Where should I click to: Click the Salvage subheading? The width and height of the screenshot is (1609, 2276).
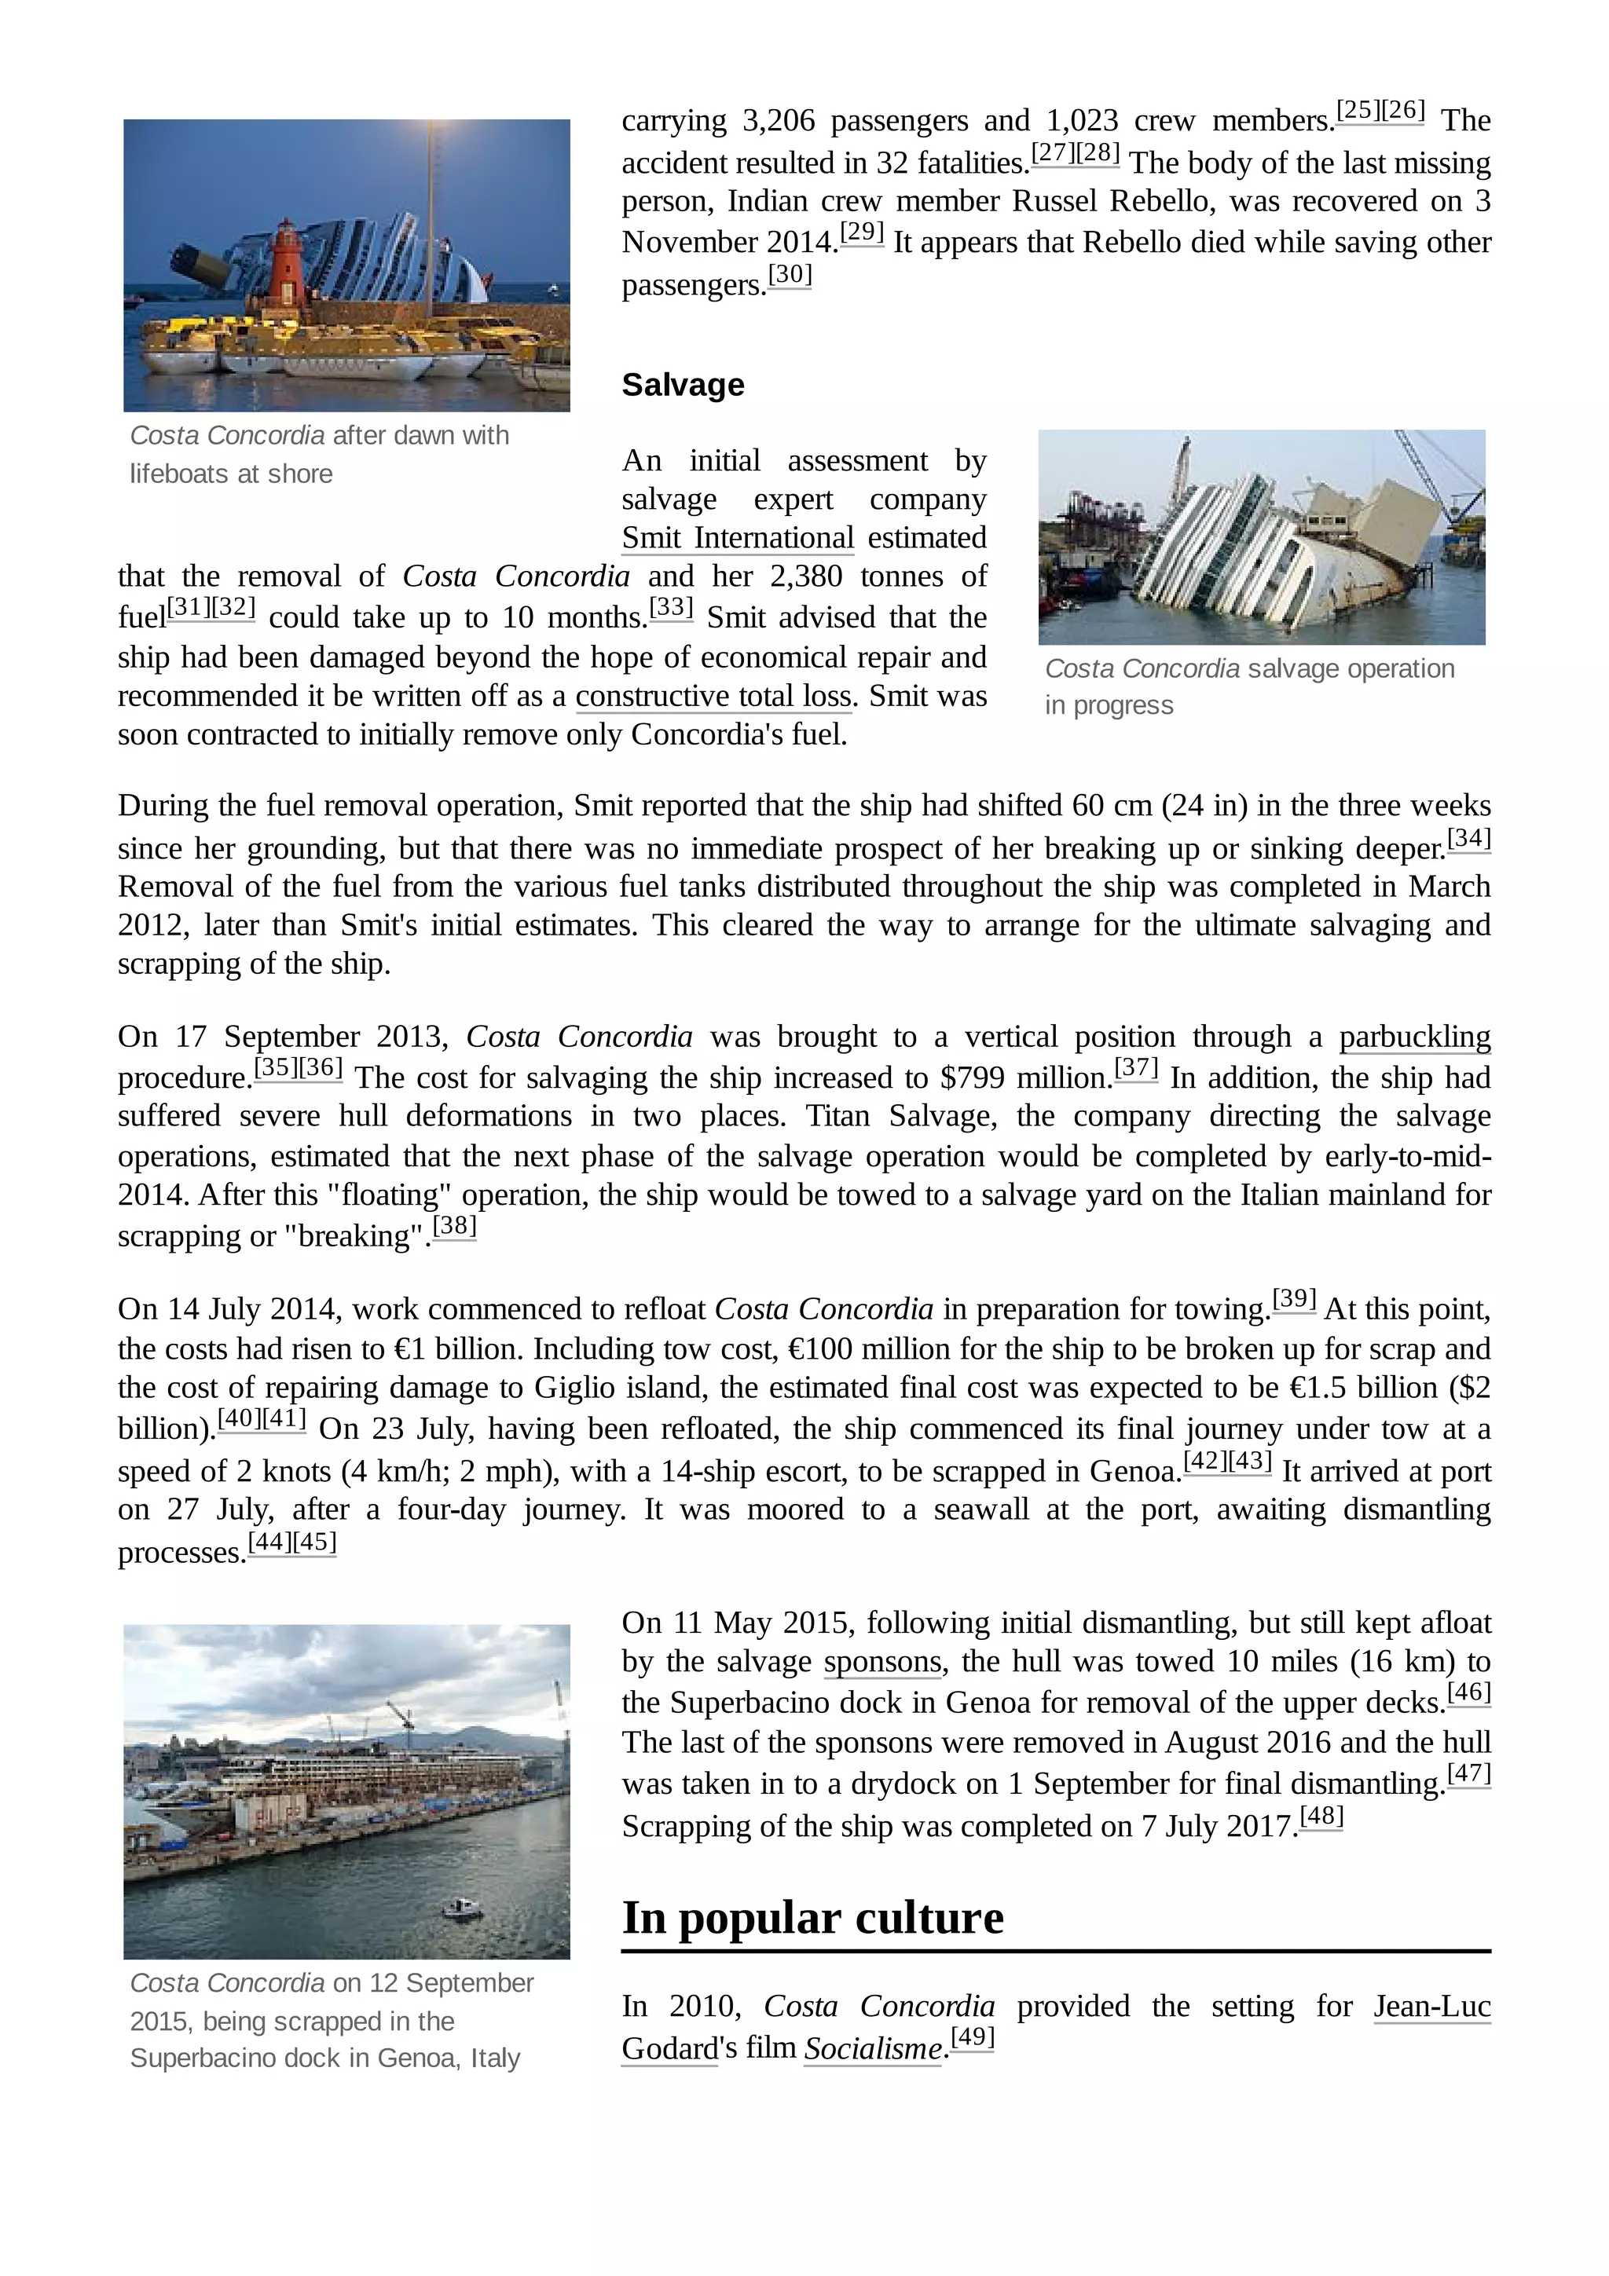tap(682, 385)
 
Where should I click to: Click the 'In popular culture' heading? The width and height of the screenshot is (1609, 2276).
tap(812, 1917)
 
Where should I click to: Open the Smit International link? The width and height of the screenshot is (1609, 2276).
tap(737, 538)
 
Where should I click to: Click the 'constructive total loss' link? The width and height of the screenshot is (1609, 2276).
tap(713, 697)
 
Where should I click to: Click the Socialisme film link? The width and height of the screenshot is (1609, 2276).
tap(871, 2048)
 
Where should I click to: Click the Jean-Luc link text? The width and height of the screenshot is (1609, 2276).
tap(1431, 2007)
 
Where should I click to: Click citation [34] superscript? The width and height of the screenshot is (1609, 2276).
tap(1468, 840)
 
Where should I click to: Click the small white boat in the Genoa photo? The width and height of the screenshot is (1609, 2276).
tap(460, 1906)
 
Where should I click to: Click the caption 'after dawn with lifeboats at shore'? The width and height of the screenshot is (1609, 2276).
tap(319, 455)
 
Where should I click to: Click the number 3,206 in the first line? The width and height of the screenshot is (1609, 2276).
tap(777, 121)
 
